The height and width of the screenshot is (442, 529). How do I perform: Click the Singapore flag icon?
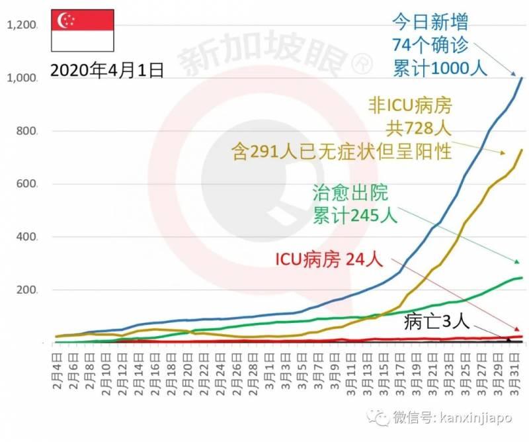coord(83,31)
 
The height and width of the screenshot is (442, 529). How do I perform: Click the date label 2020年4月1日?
coord(106,70)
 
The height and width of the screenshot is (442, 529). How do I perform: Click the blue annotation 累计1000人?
coord(440,68)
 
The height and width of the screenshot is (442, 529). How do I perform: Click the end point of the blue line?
coord(522,78)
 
